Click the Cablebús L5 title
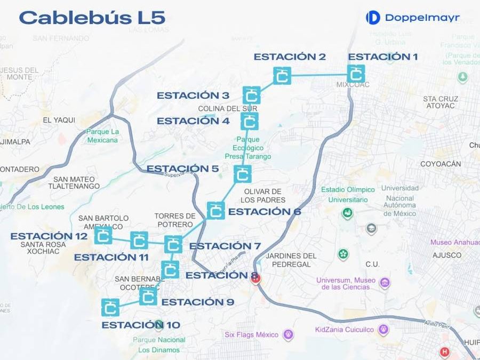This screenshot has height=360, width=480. coord(92,17)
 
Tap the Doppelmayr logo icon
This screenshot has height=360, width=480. coord(373,18)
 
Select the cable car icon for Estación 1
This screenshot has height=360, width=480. coord(356,74)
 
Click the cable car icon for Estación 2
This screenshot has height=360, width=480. coord(282,76)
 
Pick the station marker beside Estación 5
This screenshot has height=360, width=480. coord(243,174)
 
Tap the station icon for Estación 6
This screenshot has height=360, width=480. coord(215,211)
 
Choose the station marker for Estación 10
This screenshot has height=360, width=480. coord(110,307)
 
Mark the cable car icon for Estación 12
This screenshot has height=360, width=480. coord(103,235)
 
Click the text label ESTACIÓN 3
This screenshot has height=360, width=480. coord(193,95)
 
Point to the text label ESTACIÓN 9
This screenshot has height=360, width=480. coord(197,302)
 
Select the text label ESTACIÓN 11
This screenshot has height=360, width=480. coord(111,257)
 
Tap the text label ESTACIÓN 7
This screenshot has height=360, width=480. coord(225,246)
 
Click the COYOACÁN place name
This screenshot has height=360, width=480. coord(441,164)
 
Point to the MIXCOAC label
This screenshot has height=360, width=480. coord(353,85)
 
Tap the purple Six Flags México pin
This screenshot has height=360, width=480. coord(289,335)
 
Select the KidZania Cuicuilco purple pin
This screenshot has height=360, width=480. coord(383,330)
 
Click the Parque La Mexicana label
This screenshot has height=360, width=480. coord(102,136)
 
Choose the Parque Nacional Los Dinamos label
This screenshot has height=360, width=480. coord(159,345)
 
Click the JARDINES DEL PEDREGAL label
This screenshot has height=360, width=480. coord(291,260)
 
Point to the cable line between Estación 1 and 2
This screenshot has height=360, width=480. coord(319,75)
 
